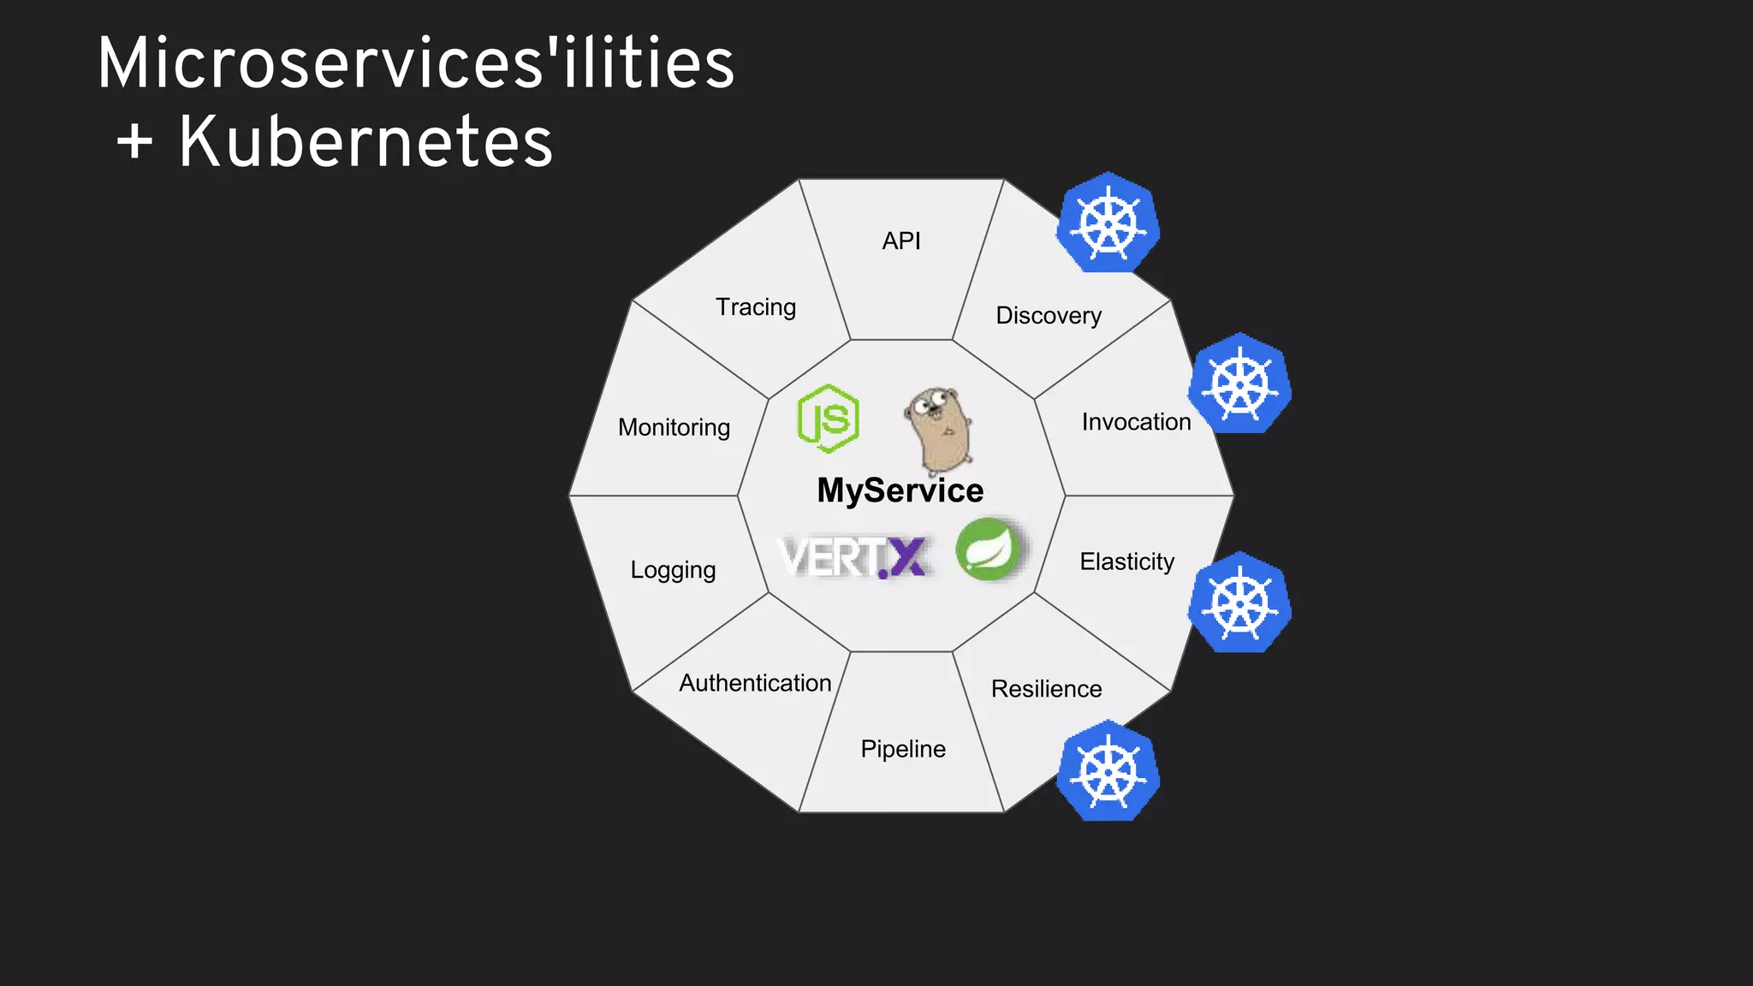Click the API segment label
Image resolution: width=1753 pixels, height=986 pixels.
coord(901,241)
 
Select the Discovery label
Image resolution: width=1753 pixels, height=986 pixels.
coord(1049,316)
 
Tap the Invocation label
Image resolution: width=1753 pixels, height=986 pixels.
coord(1136,422)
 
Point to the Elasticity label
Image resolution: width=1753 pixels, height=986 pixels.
coord(1126,562)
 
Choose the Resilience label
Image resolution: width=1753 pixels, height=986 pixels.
coord(1046,689)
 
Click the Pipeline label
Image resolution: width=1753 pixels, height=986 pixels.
coord(903,749)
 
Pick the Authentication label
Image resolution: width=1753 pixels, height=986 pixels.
coord(755,683)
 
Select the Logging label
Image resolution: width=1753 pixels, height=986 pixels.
coord(673,570)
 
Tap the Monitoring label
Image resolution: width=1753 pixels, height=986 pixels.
coord(674,427)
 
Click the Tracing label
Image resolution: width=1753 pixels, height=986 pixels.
coord(756,307)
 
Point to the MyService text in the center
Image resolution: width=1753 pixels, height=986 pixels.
coord(900,490)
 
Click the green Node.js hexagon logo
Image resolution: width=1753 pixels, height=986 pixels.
coord(828,419)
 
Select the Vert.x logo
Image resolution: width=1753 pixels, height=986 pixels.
coord(853,557)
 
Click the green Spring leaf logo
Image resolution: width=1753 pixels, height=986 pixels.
coord(989,549)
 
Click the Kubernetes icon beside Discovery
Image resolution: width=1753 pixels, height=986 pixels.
coord(1108,223)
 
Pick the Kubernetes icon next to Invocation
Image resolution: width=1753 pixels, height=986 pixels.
coord(1239,383)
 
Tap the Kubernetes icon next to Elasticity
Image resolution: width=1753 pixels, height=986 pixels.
coord(1239,603)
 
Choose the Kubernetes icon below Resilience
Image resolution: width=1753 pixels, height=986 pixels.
coord(1108,771)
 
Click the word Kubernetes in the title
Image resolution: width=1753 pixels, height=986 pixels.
coord(365,142)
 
